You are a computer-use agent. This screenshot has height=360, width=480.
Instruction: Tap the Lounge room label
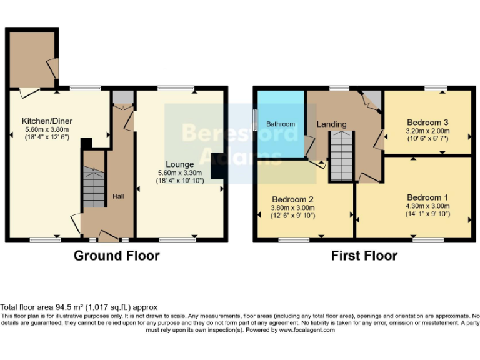point(179,164)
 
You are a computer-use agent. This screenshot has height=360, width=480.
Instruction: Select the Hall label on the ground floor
point(118,196)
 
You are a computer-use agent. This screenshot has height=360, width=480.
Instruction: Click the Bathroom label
point(281,124)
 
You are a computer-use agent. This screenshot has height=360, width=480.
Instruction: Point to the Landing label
point(331,124)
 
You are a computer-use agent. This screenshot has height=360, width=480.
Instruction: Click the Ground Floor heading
point(116,256)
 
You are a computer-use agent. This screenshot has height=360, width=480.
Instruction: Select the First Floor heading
point(364,256)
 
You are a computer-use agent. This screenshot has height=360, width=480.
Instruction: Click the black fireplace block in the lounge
point(217,166)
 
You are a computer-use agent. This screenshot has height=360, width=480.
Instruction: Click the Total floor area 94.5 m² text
point(79,307)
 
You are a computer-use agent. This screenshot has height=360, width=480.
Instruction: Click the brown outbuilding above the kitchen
point(31,59)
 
